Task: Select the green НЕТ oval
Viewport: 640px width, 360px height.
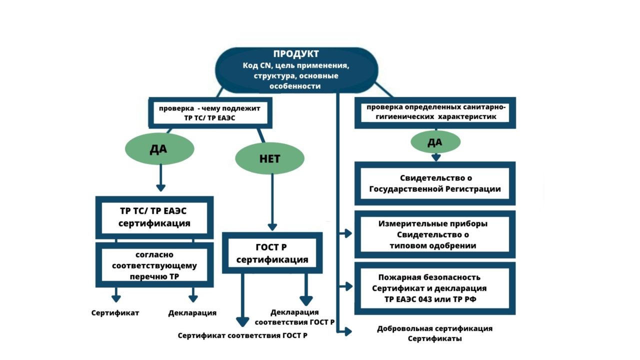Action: (x=269, y=158)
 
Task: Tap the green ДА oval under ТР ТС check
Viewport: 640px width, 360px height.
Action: (x=159, y=148)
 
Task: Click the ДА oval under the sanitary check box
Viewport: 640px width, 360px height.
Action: (x=435, y=142)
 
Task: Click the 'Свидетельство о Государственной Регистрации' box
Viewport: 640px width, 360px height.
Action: (x=435, y=183)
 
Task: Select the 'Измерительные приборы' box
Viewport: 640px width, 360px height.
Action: (x=435, y=234)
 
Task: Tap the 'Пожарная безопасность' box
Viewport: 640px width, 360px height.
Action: (x=435, y=288)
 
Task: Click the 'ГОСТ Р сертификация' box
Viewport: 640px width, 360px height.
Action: (x=272, y=253)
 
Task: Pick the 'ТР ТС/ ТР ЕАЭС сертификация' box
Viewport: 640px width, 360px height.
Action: (x=154, y=216)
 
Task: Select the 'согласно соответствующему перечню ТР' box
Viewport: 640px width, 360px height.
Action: (x=154, y=265)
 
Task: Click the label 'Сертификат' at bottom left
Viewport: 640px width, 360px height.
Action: (x=115, y=313)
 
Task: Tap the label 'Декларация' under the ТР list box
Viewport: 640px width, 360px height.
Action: (x=192, y=313)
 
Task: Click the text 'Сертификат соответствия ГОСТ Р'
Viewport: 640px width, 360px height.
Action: (x=242, y=335)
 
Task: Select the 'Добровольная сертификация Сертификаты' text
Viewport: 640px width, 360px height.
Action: (x=435, y=333)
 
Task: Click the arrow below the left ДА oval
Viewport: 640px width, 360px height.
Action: (x=160, y=178)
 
